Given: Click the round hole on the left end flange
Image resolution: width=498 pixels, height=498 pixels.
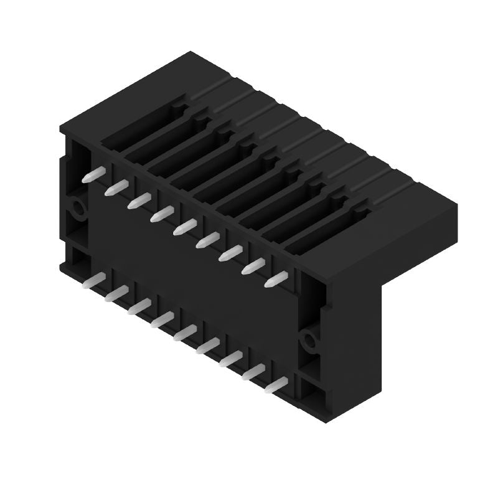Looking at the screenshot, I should pyautogui.click(x=78, y=207).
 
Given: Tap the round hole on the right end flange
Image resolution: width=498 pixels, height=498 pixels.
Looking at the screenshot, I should pyautogui.click(x=309, y=340).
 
